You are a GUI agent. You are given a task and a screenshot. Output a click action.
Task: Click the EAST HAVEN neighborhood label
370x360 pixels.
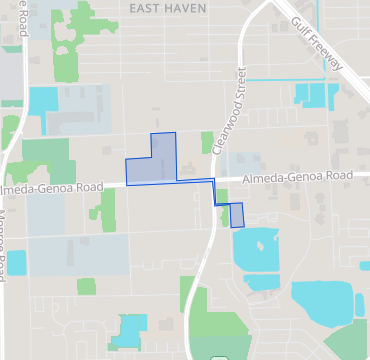coord(168,7)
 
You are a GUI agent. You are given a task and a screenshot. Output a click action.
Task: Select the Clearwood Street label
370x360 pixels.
coord(229,110)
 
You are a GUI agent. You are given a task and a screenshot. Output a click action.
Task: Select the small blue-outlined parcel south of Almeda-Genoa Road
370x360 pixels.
coord(237,215)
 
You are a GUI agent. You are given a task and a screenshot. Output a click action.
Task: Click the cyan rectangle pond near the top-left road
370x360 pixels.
coord(44,100)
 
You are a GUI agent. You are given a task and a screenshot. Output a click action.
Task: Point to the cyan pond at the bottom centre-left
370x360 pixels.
coord(128,330)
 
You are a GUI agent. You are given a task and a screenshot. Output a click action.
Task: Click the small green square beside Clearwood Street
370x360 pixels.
coord(207,142)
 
